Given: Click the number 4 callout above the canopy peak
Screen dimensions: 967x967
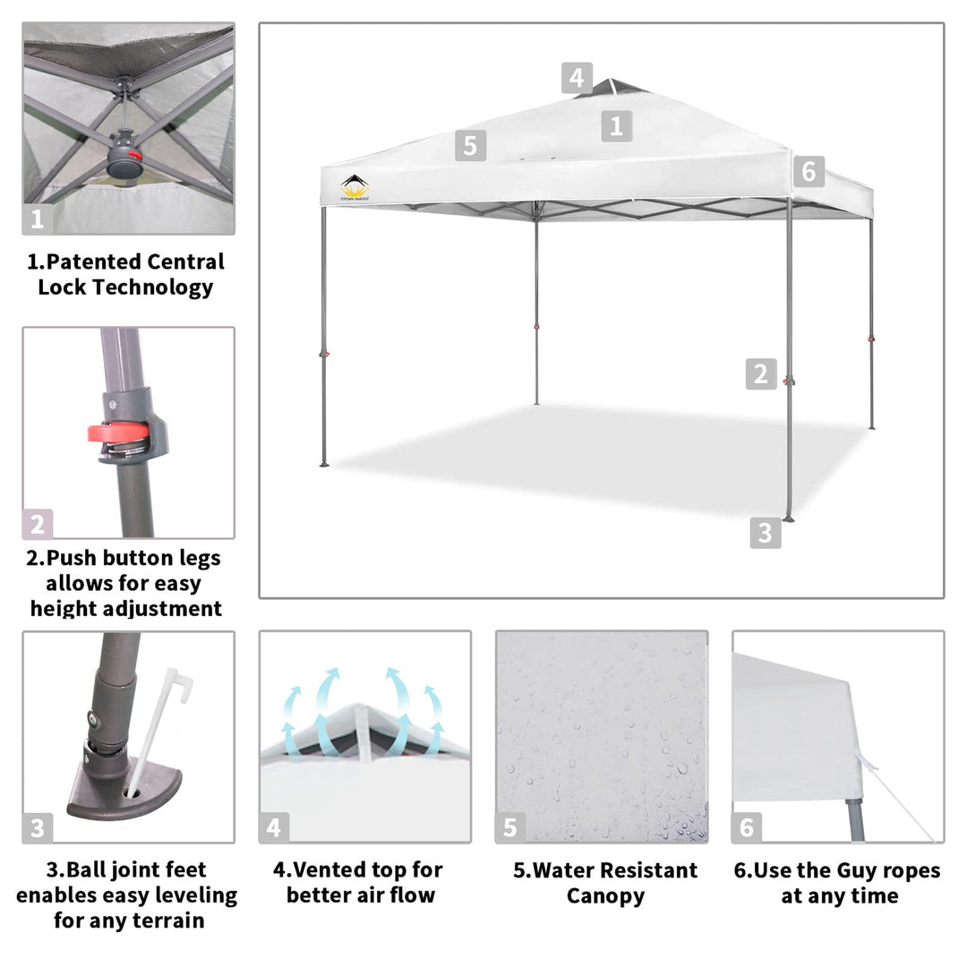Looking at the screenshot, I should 578,78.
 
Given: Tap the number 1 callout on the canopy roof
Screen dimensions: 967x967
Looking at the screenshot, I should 616,126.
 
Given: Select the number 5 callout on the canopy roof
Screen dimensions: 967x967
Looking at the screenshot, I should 471,145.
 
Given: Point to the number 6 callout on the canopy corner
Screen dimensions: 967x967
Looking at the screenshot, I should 809,170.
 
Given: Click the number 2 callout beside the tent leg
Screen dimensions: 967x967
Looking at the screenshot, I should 761,373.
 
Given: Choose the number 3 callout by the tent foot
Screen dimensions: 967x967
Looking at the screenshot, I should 765,533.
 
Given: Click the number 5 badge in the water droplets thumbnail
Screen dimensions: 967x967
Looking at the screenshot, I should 509,827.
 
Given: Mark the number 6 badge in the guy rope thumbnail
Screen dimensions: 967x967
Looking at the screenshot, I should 746,827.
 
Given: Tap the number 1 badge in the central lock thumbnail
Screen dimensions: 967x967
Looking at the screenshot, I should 37,218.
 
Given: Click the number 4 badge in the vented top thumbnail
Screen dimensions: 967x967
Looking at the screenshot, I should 273,827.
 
